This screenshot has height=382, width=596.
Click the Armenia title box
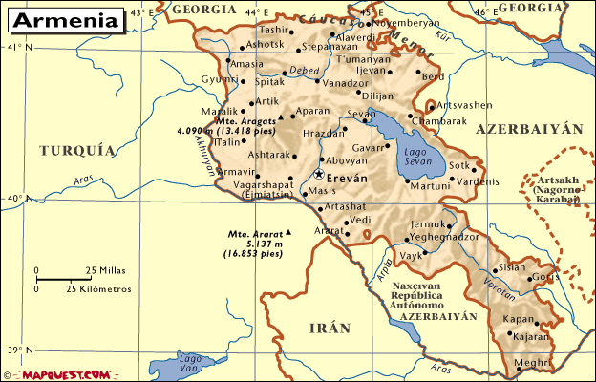coord(63,19)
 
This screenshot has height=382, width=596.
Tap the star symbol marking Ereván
coord(318,175)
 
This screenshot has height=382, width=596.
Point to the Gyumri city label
coord(218,78)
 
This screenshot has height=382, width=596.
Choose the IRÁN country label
coord(330,328)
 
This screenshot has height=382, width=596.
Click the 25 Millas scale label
coord(106,270)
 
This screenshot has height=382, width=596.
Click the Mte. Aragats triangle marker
coord(281,118)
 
